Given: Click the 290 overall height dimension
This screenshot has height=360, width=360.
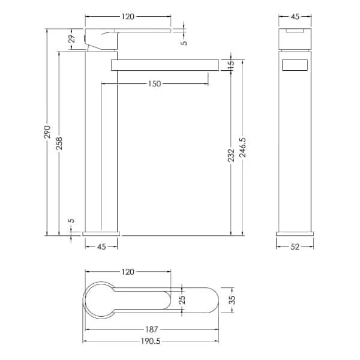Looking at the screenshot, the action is (x=47, y=132).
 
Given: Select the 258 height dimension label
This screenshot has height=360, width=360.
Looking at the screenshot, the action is (x=59, y=143).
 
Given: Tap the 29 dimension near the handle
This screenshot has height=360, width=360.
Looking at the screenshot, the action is (x=72, y=39).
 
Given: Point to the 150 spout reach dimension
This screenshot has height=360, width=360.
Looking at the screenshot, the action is (x=155, y=84).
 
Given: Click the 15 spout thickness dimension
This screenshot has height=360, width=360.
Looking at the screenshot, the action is (x=232, y=63).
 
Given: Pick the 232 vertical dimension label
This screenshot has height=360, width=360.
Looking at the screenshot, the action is (x=231, y=155).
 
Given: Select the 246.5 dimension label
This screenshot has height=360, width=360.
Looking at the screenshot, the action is (x=242, y=148).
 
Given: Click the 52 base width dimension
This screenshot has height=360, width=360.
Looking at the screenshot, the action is (x=295, y=247).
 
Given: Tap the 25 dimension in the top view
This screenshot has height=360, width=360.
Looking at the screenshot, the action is (x=182, y=299).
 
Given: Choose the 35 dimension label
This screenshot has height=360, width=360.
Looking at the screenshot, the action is (x=233, y=300).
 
